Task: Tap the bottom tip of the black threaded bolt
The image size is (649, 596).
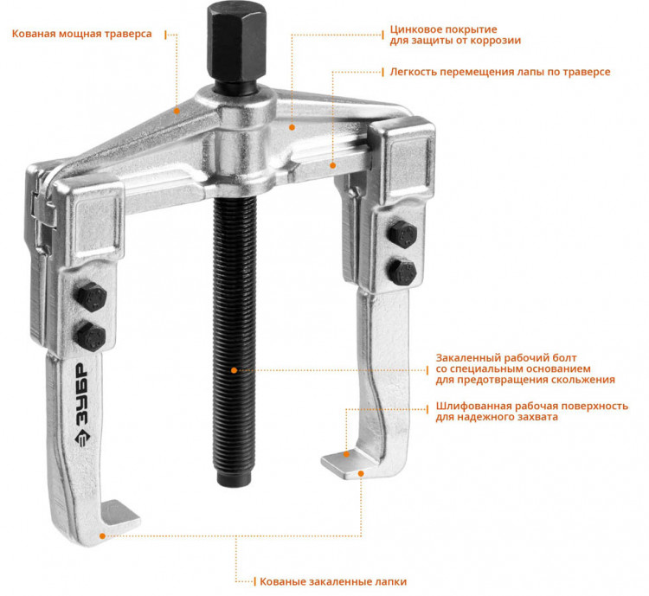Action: click(235, 484)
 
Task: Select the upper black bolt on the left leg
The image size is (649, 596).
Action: click(91, 297)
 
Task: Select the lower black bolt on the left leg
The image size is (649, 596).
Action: click(90, 336)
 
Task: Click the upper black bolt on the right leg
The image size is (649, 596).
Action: click(402, 234)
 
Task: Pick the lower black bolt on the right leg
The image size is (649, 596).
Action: click(402, 272)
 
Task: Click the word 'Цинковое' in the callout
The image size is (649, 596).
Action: click(414, 29)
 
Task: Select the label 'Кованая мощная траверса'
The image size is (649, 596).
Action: click(82, 34)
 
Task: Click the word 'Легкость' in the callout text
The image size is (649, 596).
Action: click(413, 72)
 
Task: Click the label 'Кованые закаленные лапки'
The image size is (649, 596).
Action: click(333, 581)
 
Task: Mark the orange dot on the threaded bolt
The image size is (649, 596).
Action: click(235, 370)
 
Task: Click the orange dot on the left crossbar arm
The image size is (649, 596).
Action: click(177, 111)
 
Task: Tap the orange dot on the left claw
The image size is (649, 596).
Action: click(102, 536)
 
